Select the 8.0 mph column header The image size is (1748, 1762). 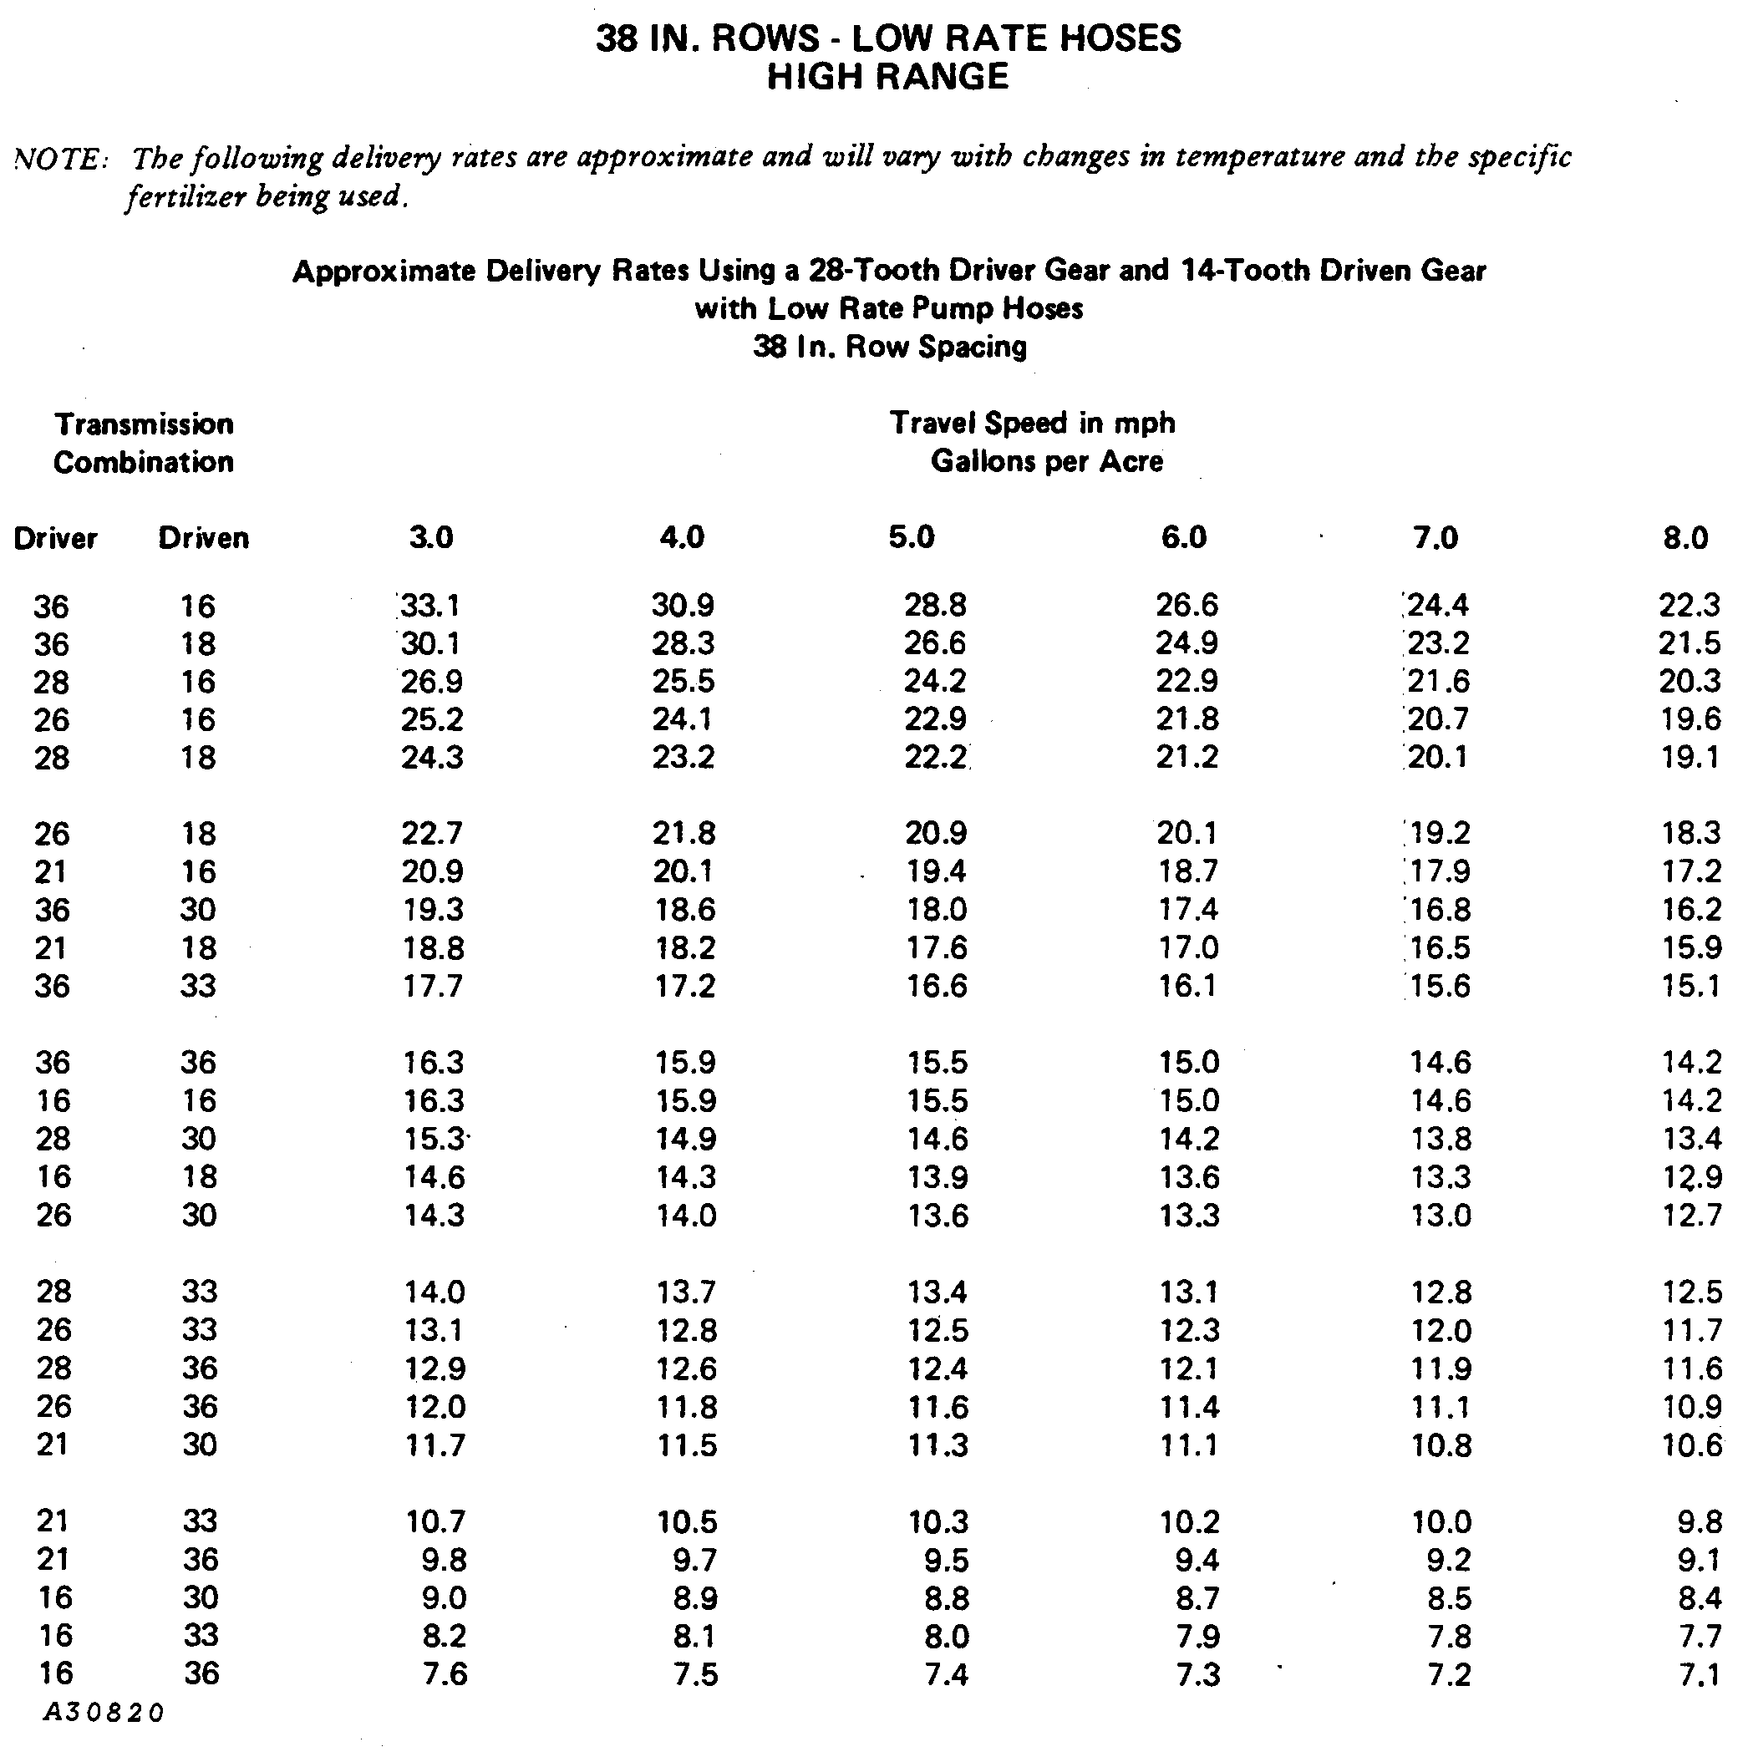[1685, 537]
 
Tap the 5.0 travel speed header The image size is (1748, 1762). [912, 537]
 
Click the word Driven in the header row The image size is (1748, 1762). [203, 538]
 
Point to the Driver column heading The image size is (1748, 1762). [55, 538]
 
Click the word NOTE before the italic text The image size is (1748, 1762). [60, 160]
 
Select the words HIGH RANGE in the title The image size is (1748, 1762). [887, 78]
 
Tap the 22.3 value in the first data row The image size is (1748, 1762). [1690, 606]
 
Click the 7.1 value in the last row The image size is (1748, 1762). [1699, 1674]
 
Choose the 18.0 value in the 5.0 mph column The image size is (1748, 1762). [935, 910]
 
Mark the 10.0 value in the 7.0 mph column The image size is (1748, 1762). [1441, 1521]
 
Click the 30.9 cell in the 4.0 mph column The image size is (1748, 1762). [683, 606]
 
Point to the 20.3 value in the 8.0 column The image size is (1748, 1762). [1690, 681]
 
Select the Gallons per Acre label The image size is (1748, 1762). [1046, 461]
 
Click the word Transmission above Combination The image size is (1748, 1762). [145, 424]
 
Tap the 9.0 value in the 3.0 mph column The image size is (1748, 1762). [445, 1598]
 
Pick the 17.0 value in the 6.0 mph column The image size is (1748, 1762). [1188, 948]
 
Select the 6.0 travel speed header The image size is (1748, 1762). [1184, 537]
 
